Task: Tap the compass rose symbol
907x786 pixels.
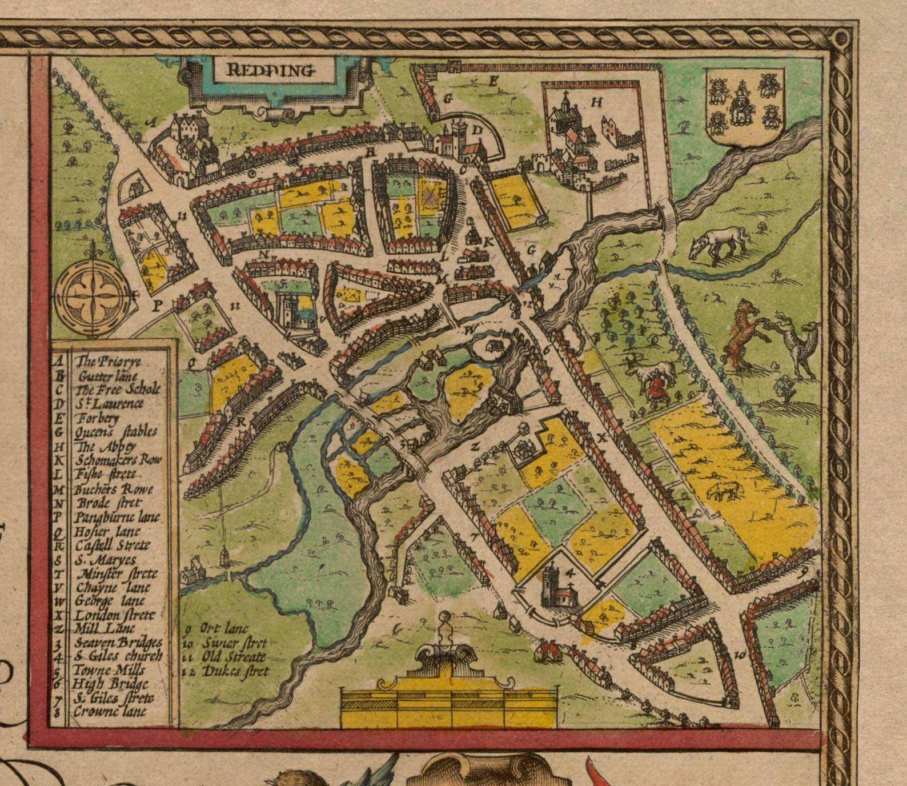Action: click(95, 296)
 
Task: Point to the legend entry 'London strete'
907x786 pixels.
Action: click(114, 615)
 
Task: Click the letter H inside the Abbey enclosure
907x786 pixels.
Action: click(597, 103)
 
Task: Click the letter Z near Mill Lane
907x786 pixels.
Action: click(475, 447)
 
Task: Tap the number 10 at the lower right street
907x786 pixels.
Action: click(739, 656)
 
